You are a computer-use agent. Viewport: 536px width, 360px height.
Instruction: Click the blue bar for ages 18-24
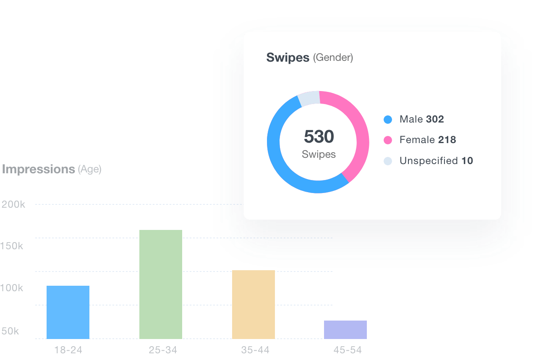(68, 312)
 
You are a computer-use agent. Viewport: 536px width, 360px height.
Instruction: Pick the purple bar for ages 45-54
(345, 329)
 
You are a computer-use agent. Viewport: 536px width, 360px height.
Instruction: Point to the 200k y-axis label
(13, 204)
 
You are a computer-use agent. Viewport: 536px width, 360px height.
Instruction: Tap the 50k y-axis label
(10, 331)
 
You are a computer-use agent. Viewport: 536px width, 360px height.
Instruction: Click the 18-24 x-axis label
(68, 350)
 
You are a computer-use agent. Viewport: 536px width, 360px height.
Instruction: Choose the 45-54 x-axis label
(348, 350)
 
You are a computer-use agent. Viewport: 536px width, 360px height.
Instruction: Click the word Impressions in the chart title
(38, 169)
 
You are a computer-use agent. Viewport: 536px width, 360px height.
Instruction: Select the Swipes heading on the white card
(288, 57)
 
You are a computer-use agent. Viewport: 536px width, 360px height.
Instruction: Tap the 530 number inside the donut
(319, 137)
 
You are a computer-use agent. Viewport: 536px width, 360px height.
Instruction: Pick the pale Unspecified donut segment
(309, 98)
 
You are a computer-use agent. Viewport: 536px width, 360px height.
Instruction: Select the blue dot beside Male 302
(388, 120)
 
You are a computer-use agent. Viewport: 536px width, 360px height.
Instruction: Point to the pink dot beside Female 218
(388, 140)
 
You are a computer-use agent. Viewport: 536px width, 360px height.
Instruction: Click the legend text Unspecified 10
(436, 161)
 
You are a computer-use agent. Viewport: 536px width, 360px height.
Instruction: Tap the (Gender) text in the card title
(333, 58)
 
